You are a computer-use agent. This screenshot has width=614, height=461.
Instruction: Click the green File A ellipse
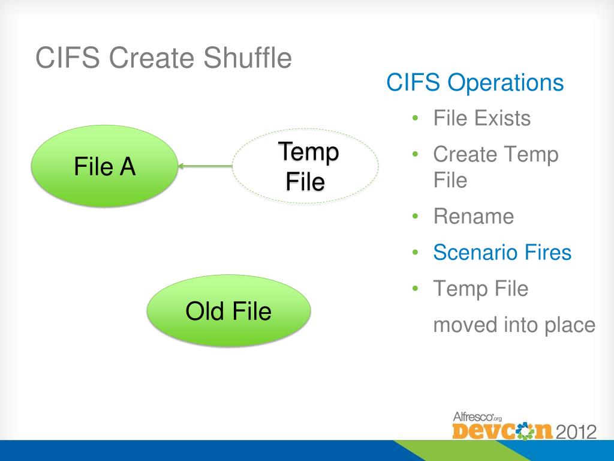[104, 166]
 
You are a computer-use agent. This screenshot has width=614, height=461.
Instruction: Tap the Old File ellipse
[228, 310]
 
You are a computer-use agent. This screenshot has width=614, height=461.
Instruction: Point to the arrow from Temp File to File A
[205, 166]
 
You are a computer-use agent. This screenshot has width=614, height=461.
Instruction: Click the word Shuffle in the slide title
[247, 57]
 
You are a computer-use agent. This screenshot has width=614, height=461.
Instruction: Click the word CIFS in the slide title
[68, 57]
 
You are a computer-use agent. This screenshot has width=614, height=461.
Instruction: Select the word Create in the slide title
[152, 57]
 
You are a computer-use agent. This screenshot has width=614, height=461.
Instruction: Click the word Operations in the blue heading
[505, 83]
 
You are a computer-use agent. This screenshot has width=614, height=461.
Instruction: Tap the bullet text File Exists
[481, 118]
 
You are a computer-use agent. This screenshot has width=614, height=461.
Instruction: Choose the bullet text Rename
[474, 216]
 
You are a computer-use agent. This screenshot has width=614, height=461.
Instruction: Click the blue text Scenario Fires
[502, 252]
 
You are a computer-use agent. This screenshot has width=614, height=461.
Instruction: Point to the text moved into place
[514, 325]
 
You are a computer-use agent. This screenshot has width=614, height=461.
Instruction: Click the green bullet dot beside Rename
[416, 216]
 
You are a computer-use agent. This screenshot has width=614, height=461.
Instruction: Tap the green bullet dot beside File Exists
[416, 118]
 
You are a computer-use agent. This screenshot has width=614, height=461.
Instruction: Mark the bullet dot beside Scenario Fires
[416, 253]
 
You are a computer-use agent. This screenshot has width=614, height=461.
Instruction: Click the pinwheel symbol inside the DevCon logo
[525, 431]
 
